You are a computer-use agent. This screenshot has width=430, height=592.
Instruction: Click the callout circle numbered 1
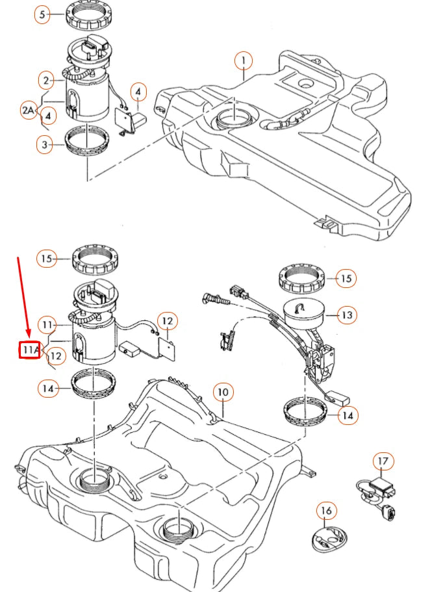coord(244,62)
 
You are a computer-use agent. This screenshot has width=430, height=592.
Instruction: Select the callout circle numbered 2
coord(46,81)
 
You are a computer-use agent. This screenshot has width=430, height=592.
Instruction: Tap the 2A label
coord(27,111)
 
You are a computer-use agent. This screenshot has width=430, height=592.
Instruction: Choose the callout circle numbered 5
coord(42,15)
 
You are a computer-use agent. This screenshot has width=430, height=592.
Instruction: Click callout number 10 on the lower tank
coord(223,393)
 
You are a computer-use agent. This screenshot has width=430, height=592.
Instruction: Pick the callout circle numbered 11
coord(46,324)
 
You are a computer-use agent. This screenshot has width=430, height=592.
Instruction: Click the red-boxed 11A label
coord(29,350)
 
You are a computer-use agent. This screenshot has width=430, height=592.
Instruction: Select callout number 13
coord(348,315)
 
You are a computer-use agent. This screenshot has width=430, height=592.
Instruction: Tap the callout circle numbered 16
coord(326,511)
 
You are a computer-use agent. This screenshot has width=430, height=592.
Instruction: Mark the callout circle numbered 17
coord(383,461)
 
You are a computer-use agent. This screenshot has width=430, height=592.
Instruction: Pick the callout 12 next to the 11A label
coord(56,355)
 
